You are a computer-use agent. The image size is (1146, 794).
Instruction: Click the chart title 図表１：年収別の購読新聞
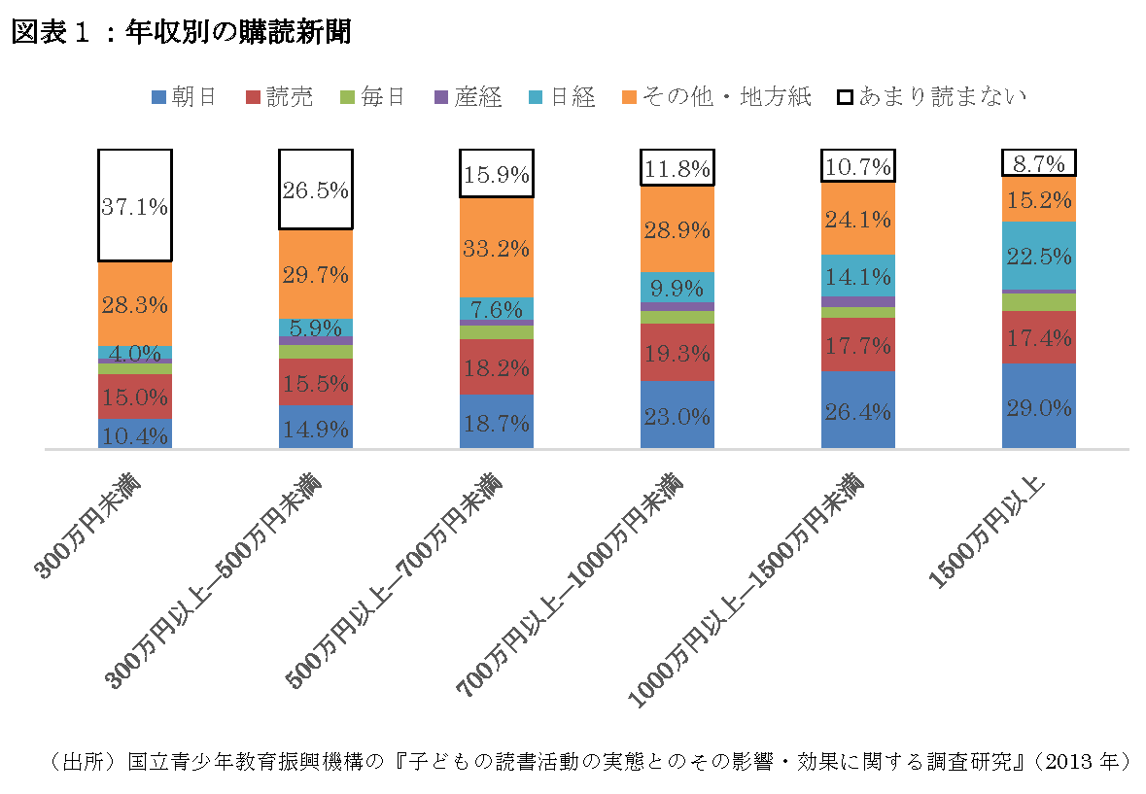181,32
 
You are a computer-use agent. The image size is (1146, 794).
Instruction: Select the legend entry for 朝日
184,97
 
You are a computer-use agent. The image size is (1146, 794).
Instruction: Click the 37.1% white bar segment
135,205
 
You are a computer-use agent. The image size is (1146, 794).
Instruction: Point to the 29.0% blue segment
1039,405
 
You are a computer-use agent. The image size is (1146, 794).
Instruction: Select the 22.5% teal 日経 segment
1039,256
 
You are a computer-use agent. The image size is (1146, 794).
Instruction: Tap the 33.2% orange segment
497,247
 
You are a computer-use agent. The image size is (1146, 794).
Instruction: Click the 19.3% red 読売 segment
677,353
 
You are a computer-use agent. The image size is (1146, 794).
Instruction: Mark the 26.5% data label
316,190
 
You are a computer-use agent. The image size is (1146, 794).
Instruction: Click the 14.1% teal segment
858,275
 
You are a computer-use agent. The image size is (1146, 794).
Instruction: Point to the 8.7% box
1039,164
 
